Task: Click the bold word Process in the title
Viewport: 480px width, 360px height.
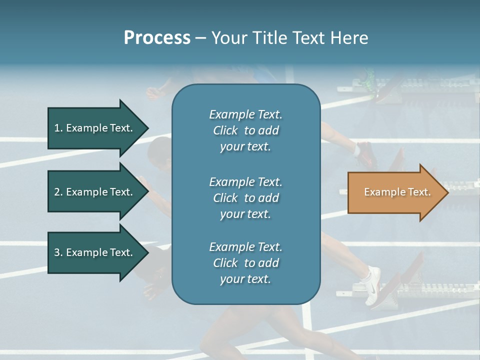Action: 157,38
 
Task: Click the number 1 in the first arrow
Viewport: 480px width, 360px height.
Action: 57,128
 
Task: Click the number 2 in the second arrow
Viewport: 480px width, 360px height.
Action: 57,192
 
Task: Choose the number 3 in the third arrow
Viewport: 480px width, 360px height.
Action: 57,252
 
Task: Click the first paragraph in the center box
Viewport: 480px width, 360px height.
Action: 245,130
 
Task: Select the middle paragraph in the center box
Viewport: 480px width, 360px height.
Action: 245,198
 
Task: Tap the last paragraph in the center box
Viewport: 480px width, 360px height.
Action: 245,263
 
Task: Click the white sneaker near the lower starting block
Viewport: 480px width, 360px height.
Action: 372,285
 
